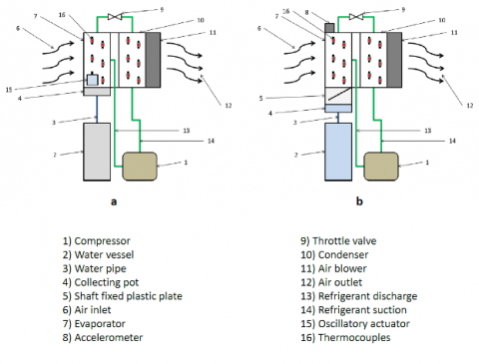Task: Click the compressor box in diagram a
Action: pyautogui.click(x=140, y=167)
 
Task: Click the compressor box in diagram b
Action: pyautogui.click(x=381, y=167)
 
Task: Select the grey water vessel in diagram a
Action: pyautogui.click(x=97, y=152)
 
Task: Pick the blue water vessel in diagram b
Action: pyautogui.click(x=338, y=152)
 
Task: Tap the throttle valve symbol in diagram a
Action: pyautogui.click(x=115, y=16)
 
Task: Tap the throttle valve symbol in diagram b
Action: pyautogui.click(x=356, y=16)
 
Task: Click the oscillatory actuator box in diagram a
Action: pyautogui.click(x=92, y=80)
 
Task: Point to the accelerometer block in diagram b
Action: pyautogui.click(x=329, y=28)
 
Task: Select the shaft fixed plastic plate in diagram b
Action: pyautogui.click(x=338, y=96)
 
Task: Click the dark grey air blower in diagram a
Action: pyautogui.click(x=153, y=60)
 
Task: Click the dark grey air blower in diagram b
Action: pyautogui.click(x=394, y=60)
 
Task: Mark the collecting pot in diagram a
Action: pyautogui.click(x=97, y=92)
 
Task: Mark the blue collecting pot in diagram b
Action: pyautogui.click(x=338, y=109)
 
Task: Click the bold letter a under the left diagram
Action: pyautogui.click(x=114, y=201)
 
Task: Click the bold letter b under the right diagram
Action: pyautogui.click(x=359, y=201)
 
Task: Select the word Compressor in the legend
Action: pyautogui.click(x=102, y=241)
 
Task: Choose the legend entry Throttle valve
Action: pyautogui.click(x=344, y=240)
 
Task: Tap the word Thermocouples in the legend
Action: pyautogui.click(x=354, y=337)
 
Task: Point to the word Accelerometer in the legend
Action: pyautogui.click(x=109, y=337)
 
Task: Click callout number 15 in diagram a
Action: pyautogui.click(x=9, y=90)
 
